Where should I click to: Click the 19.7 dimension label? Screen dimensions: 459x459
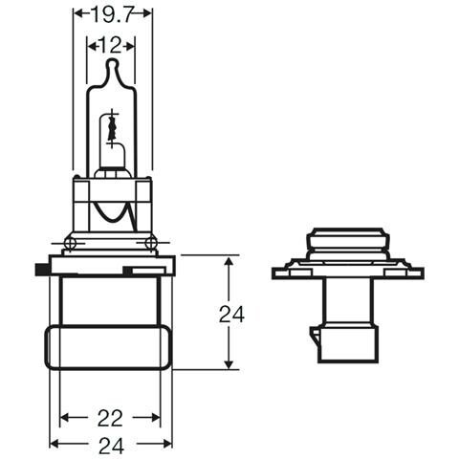click(113, 15)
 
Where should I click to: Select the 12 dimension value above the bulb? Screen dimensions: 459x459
click(112, 44)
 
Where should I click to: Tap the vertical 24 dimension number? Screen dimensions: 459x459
click(227, 313)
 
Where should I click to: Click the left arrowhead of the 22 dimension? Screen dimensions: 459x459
click(66, 418)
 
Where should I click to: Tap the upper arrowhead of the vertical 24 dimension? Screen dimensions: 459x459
click(227, 261)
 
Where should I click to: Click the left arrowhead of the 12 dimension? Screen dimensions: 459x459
click(92, 44)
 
